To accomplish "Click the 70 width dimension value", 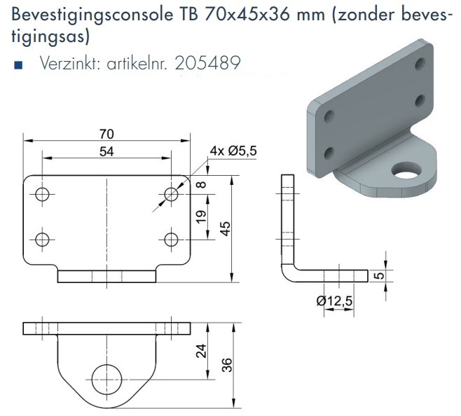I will (107, 134).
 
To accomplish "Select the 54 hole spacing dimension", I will (107, 151).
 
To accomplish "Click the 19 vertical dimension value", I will (201, 216).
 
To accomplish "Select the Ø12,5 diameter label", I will (334, 301).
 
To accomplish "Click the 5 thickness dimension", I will (379, 275).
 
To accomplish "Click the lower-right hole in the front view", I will (170, 239).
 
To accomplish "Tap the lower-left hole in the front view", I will (42, 239).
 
